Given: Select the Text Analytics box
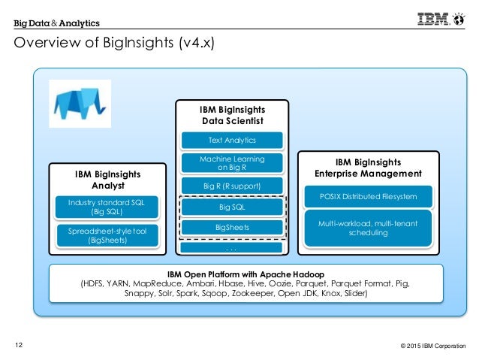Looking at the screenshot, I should coord(232,140).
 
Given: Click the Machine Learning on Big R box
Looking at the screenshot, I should coord(232,163).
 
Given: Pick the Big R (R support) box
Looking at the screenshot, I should coord(232,185).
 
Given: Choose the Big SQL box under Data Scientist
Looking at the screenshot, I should coord(232,207).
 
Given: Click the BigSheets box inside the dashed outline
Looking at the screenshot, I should coord(232,227).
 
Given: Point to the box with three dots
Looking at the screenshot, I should coord(232,247).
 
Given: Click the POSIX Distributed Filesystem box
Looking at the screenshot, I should coord(367,196).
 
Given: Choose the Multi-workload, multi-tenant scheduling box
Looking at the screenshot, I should coord(367,228).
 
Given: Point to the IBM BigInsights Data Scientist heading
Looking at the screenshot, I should coord(232,115).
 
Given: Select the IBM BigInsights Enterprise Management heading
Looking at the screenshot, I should coord(367,168).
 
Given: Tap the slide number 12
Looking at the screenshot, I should coord(20,345).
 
